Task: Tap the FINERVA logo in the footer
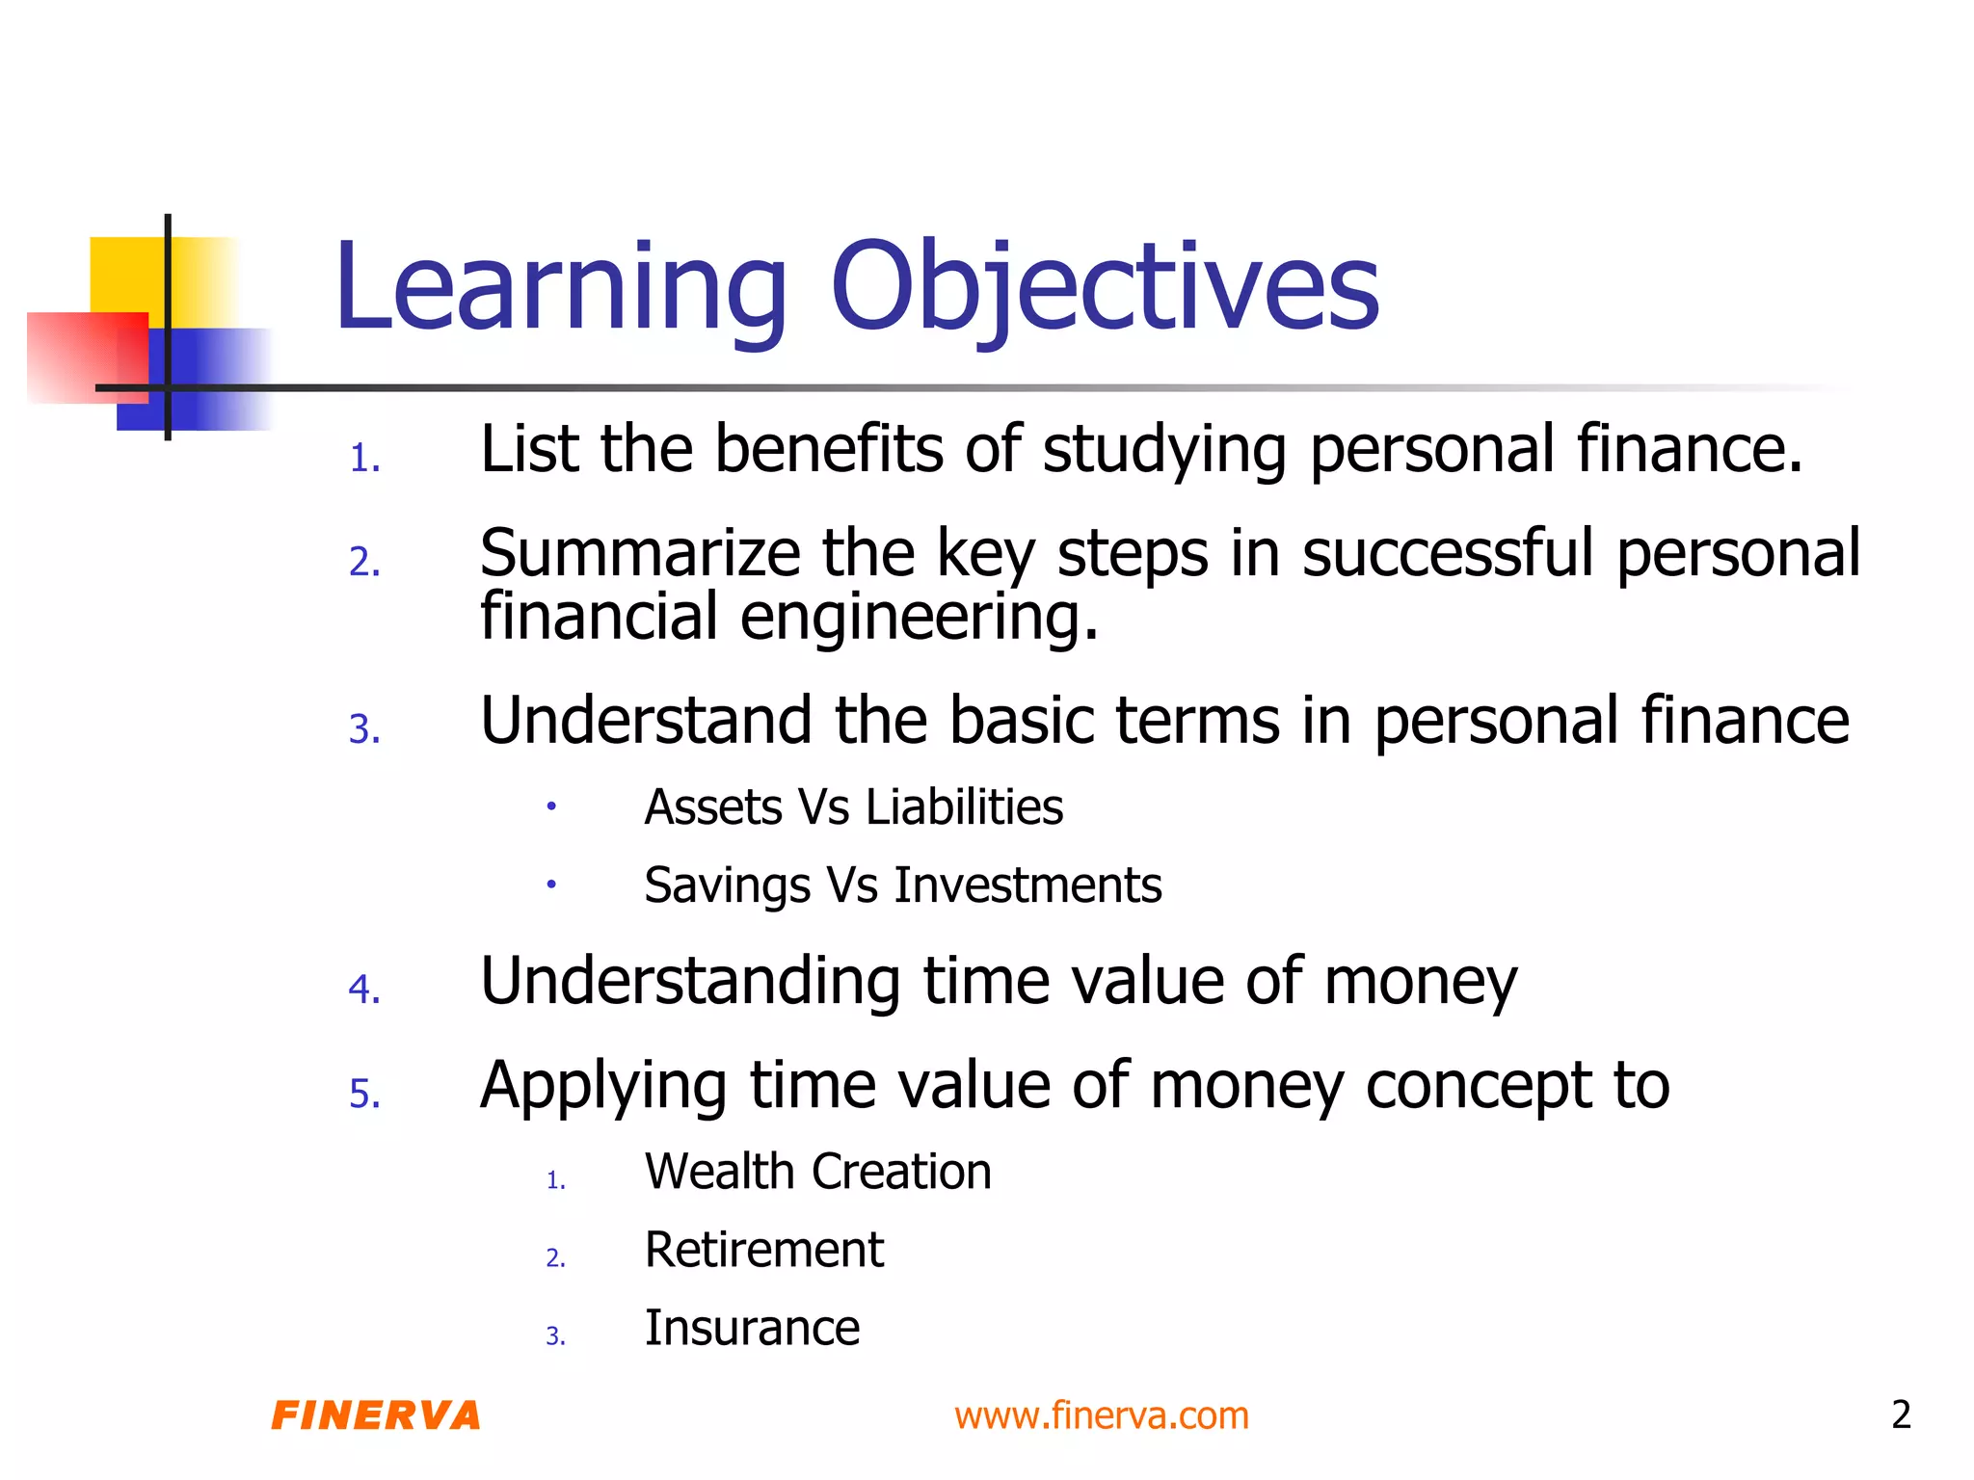[376, 1415]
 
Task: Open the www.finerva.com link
[1101, 1415]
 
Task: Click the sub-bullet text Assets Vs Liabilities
[853, 807]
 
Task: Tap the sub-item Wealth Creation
[817, 1172]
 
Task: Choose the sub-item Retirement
[763, 1250]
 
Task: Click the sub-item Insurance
[752, 1328]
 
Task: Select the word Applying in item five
[602, 1087]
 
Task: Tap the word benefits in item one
[828, 450]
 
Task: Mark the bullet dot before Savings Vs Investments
[550, 884]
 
